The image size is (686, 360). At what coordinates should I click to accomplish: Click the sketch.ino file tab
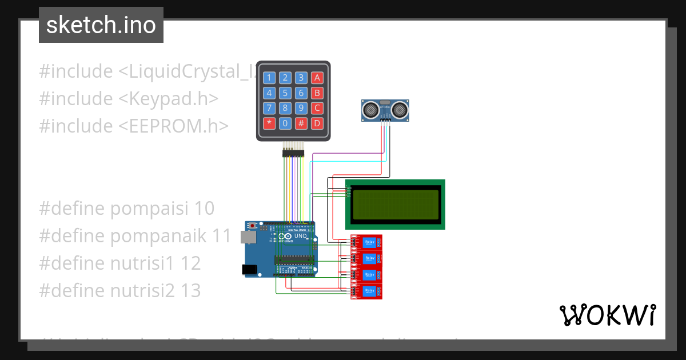[x=101, y=25]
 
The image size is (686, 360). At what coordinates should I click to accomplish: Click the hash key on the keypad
[x=302, y=123]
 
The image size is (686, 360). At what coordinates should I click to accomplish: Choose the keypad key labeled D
[x=318, y=123]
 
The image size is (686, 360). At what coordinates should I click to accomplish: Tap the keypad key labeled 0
[x=285, y=123]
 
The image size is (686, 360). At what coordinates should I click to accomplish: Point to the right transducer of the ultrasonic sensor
[x=400, y=108]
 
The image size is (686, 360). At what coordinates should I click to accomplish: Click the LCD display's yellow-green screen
[x=395, y=205]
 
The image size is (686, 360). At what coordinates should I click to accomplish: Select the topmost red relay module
[x=366, y=242]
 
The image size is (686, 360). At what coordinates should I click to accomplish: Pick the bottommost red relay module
[x=366, y=291]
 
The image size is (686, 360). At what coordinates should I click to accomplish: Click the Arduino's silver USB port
[x=248, y=237]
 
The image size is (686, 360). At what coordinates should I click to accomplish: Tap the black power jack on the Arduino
[x=249, y=269]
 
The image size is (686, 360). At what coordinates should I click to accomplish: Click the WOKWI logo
[x=607, y=315]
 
